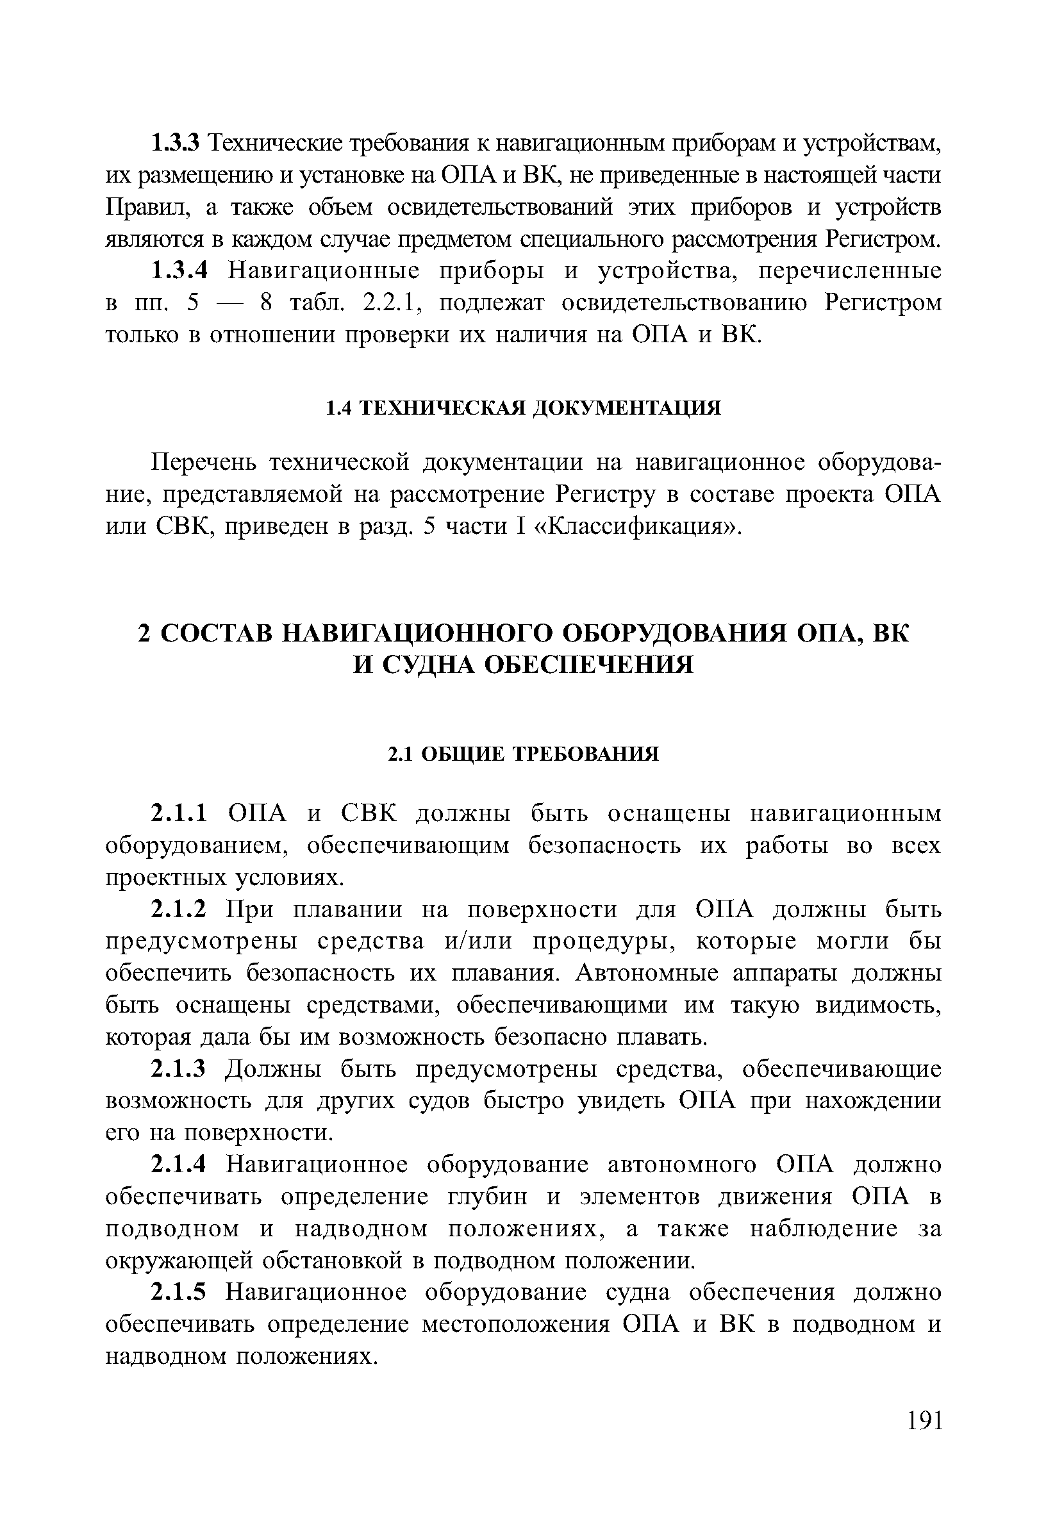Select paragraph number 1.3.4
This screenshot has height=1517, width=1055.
point(179,271)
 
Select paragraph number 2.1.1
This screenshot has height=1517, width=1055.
point(179,813)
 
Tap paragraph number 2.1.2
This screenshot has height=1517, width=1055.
point(179,910)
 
